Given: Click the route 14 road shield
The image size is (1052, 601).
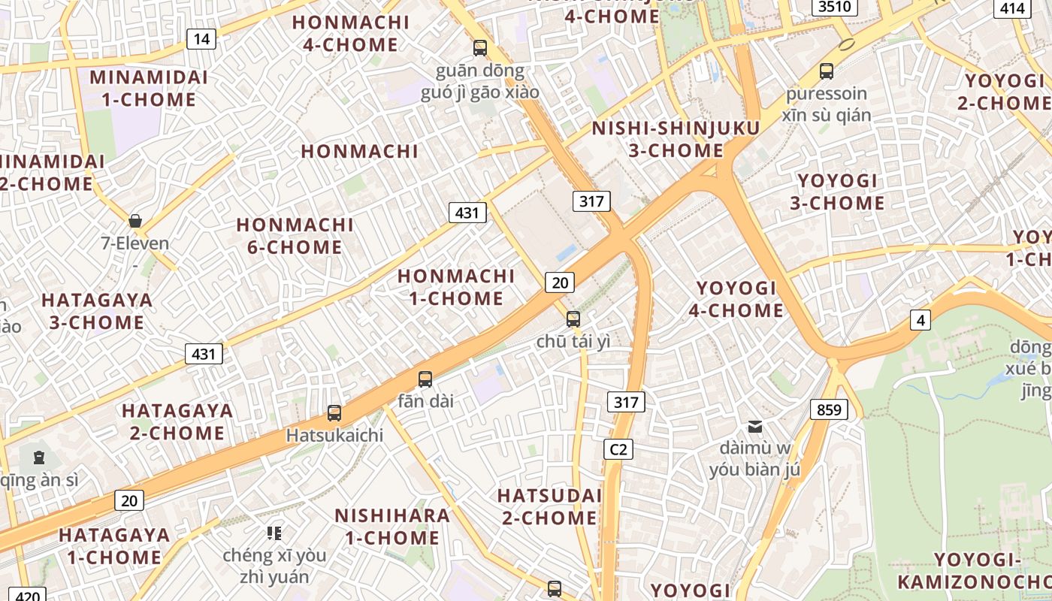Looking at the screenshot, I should point(201,39).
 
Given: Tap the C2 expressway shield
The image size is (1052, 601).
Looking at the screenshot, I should point(618,449).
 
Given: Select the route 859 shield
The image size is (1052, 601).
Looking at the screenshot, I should point(829,409).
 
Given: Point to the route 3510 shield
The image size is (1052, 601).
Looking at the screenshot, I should point(835,7).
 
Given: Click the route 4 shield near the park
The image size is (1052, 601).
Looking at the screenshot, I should point(920,320).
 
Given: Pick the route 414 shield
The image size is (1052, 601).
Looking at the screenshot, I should point(1012,8).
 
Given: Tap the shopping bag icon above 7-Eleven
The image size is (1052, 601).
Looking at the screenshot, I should point(135,220).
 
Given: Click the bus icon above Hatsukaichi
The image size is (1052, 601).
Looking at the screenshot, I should point(334,412).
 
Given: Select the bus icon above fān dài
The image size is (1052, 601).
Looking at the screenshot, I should point(425,379).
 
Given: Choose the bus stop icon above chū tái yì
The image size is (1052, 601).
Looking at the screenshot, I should point(573,319).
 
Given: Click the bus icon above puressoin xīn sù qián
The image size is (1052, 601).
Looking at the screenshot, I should point(827,71).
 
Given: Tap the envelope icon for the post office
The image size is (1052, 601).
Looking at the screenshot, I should point(755,427).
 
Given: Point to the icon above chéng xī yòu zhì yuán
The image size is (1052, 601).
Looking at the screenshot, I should point(274,533).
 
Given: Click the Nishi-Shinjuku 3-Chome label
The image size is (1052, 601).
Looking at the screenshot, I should point(676,139).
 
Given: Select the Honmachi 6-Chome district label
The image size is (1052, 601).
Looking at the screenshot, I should point(295,236).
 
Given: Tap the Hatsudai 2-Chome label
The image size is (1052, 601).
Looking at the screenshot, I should point(549,506).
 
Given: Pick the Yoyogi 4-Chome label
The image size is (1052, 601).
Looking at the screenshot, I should point(736,299).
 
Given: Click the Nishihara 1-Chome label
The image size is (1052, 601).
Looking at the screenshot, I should point(392,527).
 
